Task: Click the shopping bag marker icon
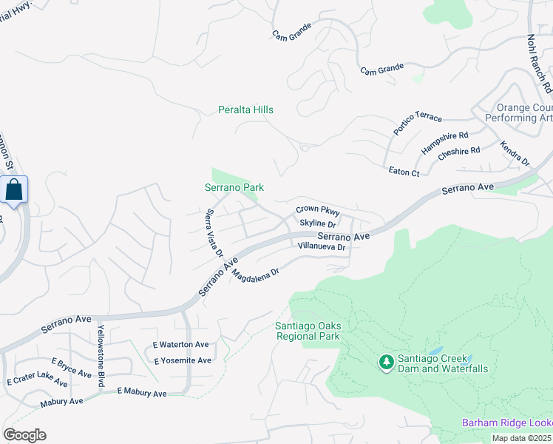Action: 13,190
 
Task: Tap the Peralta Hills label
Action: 245,110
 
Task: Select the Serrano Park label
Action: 234,188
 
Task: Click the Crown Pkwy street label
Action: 317,211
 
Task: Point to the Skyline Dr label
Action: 318,223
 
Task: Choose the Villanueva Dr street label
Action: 322,246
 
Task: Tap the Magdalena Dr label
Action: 255,273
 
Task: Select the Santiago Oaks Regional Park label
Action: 307,331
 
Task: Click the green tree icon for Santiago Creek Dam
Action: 385,362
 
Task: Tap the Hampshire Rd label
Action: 444,141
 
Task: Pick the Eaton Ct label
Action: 404,172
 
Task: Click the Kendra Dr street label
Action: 515,154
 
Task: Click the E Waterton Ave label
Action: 181,345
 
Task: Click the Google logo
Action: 24,435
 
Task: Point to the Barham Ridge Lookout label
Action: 507,423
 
